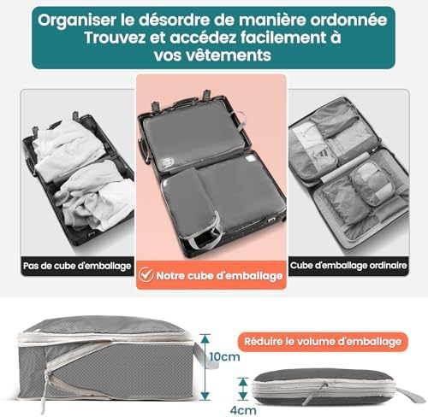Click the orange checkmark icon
pyautogui.click(x=146, y=275)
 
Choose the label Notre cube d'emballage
pyautogui.click(x=218, y=275)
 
